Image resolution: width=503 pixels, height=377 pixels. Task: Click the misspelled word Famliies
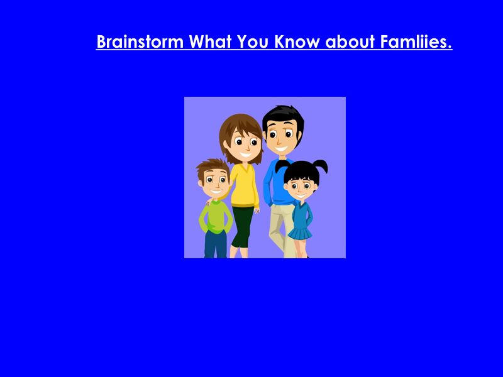coord(416,42)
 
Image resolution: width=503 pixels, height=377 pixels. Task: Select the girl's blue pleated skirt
coord(300,233)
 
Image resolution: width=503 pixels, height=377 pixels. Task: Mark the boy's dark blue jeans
coord(215,245)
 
